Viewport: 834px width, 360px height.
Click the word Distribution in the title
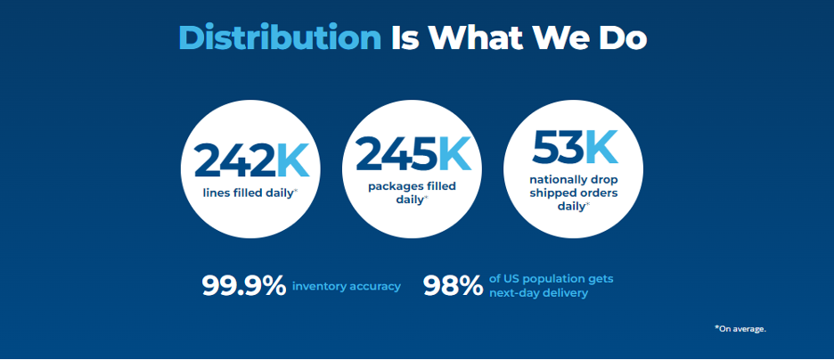click(280, 37)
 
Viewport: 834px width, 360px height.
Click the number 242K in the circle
click(251, 160)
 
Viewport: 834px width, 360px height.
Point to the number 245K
click(413, 154)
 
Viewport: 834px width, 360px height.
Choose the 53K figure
click(575, 146)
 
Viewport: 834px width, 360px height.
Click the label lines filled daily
click(249, 193)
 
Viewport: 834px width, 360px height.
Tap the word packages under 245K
click(394, 187)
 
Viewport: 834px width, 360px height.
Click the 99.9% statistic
click(244, 286)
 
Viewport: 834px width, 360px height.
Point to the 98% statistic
click(453, 286)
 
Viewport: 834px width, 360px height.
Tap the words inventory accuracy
click(347, 287)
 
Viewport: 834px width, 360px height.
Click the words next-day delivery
click(539, 293)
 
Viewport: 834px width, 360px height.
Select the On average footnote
click(740, 329)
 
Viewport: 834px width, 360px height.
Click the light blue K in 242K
click(293, 160)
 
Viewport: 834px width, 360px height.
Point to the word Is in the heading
click(407, 37)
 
